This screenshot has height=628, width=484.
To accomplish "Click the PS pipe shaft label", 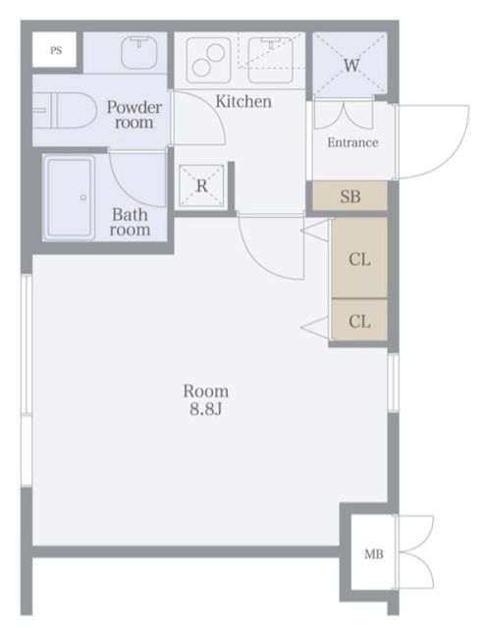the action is (56, 50).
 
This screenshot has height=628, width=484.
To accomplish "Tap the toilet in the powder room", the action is (65, 111).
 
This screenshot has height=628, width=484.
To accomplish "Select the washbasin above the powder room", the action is (138, 52).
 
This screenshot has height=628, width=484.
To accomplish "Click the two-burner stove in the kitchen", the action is (208, 60).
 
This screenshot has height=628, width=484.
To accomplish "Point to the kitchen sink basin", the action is (271, 60).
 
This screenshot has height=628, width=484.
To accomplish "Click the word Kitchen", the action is (243, 101).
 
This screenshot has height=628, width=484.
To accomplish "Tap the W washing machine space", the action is (350, 64).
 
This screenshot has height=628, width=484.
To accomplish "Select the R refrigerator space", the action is (201, 185).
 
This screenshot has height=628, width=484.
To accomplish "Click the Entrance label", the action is (352, 142).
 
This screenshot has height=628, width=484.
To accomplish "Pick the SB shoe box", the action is (350, 196).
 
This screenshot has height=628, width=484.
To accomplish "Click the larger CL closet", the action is (359, 257).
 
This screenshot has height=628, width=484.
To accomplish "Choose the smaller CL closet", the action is (359, 321).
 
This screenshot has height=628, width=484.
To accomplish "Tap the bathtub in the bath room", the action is (70, 198).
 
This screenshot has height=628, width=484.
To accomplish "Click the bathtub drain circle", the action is (83, 198).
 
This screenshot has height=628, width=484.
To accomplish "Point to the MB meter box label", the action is (374, 554).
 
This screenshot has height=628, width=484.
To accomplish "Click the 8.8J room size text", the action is (205, 409).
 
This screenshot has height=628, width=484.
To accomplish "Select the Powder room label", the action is (134, 115).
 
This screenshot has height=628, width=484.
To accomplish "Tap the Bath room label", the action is (131, 222).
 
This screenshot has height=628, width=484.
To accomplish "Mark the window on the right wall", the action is (394, 383).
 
